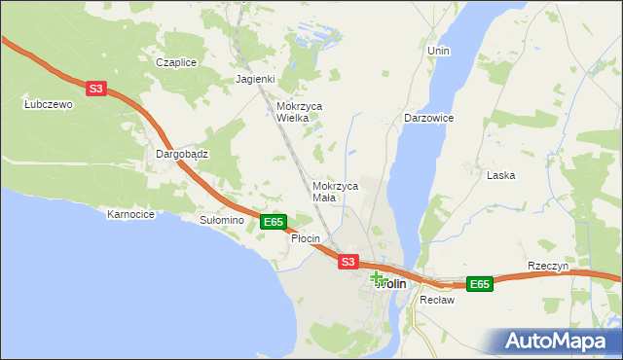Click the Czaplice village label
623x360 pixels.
point(177,62)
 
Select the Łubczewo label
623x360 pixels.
point(49,105)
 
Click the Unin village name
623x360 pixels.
point(438,49)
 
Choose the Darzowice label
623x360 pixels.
point(429,118)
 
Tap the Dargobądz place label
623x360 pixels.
point(182,154)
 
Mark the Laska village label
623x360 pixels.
point(501,176)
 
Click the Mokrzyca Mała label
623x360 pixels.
point(336,191)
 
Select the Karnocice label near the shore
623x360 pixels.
point(131,214)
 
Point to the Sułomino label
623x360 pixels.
point(221,221)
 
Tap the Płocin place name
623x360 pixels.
point(306,238)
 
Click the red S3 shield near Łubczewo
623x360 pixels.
point(95,89)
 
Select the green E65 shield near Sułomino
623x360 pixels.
point(274,223)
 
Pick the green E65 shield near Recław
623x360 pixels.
point(479,284)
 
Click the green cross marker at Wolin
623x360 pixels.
point(378,278)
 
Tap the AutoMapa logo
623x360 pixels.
point(558,341)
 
